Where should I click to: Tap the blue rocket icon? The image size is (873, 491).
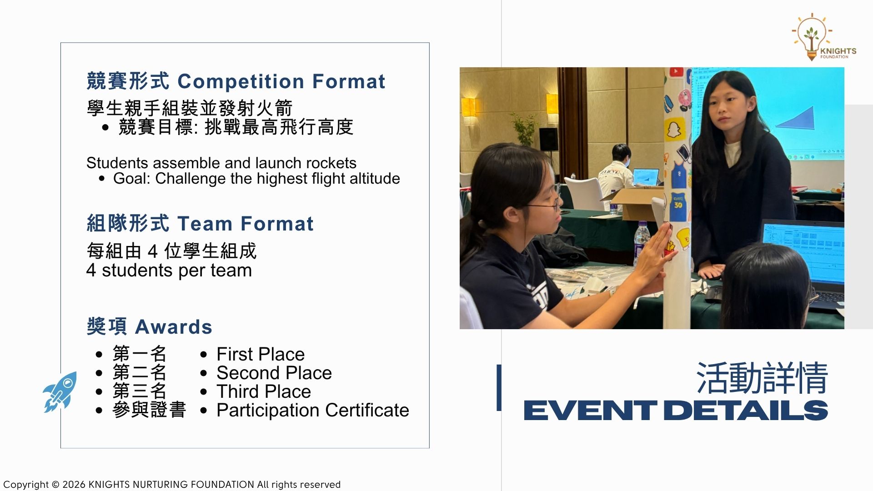pos(60,391)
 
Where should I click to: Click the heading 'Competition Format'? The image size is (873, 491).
pos(281,81)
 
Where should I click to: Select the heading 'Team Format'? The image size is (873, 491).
pos(245,224)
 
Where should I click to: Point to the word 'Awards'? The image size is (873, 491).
pos(174,327)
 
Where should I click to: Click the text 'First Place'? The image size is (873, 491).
pos(261,354)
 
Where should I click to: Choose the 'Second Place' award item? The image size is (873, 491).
pos(274,373)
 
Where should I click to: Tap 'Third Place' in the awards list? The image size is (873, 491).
pos(264,391)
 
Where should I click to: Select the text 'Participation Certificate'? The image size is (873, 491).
pos(313,410)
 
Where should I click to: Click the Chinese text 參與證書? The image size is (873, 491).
pos(149,410)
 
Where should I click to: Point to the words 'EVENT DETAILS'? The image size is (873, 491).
pos(676,411)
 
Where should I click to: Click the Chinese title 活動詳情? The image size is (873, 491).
pos(762,378)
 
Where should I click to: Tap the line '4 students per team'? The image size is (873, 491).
pos(169,270)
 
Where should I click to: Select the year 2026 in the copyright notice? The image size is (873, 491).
pos(73,485)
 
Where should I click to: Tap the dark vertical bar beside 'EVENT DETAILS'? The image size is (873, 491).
pos(499,387)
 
